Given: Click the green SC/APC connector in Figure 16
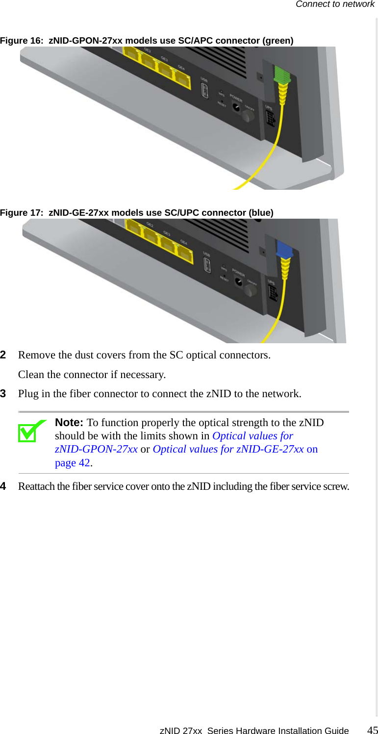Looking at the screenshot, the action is click(282, 76).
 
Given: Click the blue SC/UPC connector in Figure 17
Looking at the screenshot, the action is click(284, 250).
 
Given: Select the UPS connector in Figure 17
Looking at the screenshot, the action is click(273, 293).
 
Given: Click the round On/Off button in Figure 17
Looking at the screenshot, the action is click(251, 291).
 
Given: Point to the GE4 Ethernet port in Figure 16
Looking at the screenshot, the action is click(182, 79).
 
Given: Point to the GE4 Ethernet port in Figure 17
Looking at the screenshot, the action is click(184, 253).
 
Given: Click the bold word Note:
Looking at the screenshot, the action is click(69, 423).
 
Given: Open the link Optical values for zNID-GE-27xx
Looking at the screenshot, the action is click(228, 449).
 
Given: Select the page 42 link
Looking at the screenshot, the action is click(73, 463).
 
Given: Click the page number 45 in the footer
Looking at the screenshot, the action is click(373, 730).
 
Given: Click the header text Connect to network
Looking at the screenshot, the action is click(335, 4).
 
